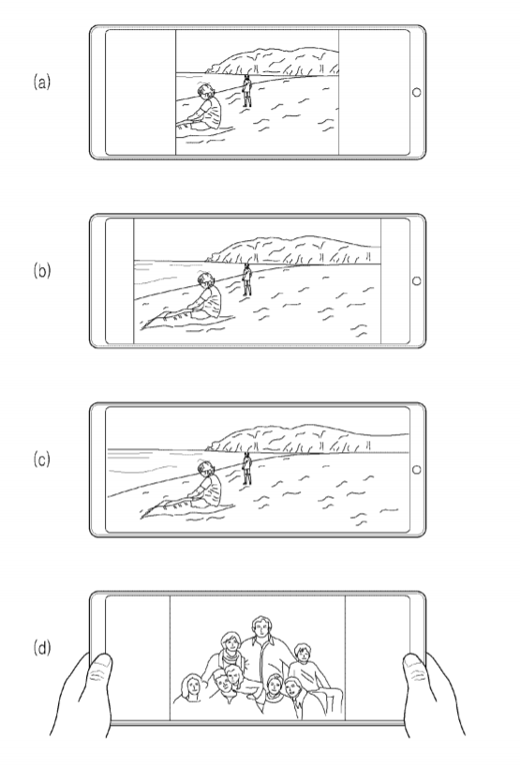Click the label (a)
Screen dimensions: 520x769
[41, 82]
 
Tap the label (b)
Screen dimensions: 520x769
[41, 271]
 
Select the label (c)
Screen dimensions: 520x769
[41, 460]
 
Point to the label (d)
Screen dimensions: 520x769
[41, 648]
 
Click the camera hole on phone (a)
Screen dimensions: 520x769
[417, 92]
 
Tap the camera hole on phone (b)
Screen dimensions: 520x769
[417, 281]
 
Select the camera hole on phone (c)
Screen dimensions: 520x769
[417, 470]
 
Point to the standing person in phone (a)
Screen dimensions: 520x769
[247, 91]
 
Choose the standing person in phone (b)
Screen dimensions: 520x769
[247, 279]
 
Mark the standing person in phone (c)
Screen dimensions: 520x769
[247, 468]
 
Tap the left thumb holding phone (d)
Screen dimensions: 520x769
[99, 671]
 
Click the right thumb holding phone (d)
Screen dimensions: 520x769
[416, 671]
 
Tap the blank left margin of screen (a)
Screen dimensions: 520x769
[141, 92]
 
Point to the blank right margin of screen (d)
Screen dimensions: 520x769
[377, 657]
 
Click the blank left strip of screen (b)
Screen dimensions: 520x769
[120, 281]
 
